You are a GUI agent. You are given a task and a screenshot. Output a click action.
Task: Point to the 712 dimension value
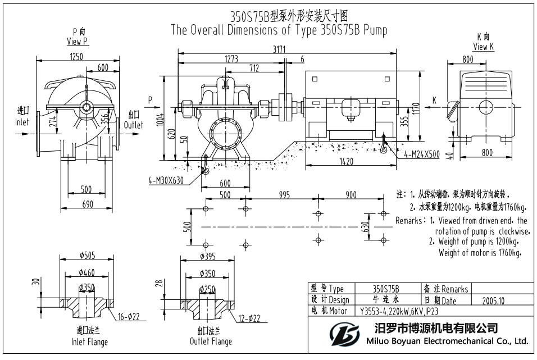point(254,69)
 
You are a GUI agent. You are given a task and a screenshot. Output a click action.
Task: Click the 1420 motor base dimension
point(346,162)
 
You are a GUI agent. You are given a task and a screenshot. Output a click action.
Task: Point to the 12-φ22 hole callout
point(249,318)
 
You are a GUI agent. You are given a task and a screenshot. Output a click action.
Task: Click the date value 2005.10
point(493,300)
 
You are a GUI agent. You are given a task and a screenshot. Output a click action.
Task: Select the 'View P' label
point(77,41)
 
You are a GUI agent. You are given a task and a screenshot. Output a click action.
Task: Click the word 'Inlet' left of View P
point(21,122)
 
